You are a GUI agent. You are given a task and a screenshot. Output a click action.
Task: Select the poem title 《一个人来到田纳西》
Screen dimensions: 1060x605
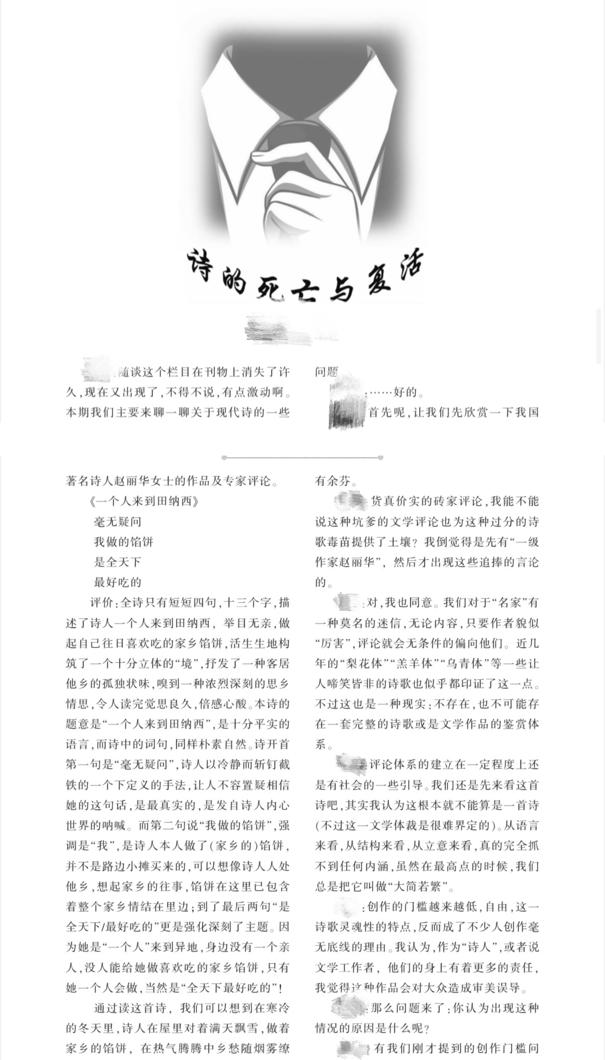(x=144, y=501)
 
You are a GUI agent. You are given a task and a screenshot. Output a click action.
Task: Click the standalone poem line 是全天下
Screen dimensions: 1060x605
(x=117, y=562)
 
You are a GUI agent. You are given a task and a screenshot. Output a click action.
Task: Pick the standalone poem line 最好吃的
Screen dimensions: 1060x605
(x=117, y=582)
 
